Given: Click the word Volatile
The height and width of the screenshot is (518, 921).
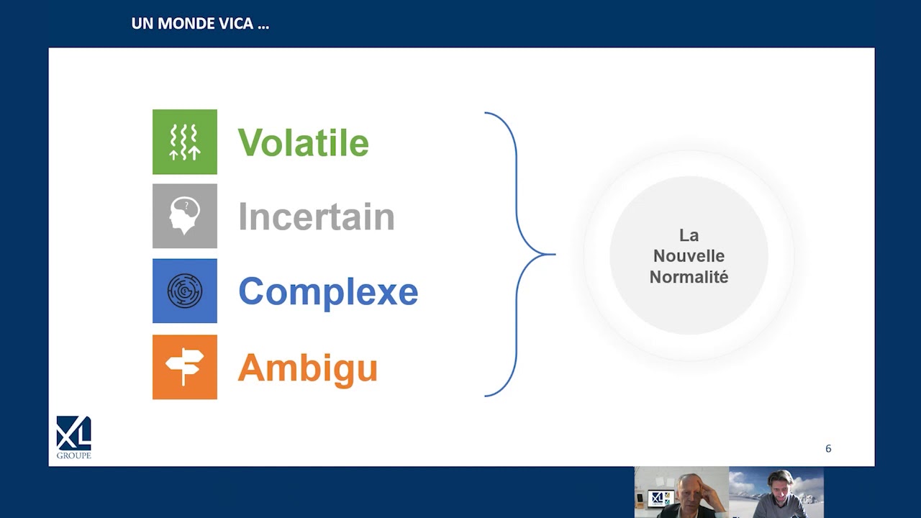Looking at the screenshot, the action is pos(304,142).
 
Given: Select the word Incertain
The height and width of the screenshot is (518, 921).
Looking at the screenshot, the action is pos(317,217).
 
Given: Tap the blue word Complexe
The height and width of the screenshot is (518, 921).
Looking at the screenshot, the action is pos(328,292).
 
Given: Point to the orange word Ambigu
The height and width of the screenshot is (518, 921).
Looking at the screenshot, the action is pos(307,369).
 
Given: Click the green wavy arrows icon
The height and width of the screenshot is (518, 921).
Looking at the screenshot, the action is pos(185,142).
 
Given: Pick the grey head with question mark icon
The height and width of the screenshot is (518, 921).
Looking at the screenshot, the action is pos(185,216).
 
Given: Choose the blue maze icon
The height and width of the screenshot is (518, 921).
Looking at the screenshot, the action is pos(185,291).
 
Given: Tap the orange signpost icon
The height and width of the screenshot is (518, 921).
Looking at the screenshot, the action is pos(185,367).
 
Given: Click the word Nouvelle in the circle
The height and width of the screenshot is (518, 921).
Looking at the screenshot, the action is pos(689,256).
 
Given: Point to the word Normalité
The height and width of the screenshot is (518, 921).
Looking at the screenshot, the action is pos(689,277).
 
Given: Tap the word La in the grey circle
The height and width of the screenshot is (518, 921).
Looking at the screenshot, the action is pos(689,235).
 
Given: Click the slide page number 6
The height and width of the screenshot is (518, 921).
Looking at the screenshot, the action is pos(828,448).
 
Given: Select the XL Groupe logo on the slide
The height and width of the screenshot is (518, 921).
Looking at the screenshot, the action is pos(73,437).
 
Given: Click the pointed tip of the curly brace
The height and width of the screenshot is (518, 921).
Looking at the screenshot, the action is pos(555,255).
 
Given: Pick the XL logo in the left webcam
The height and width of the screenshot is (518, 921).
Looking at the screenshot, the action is pos(658,498).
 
